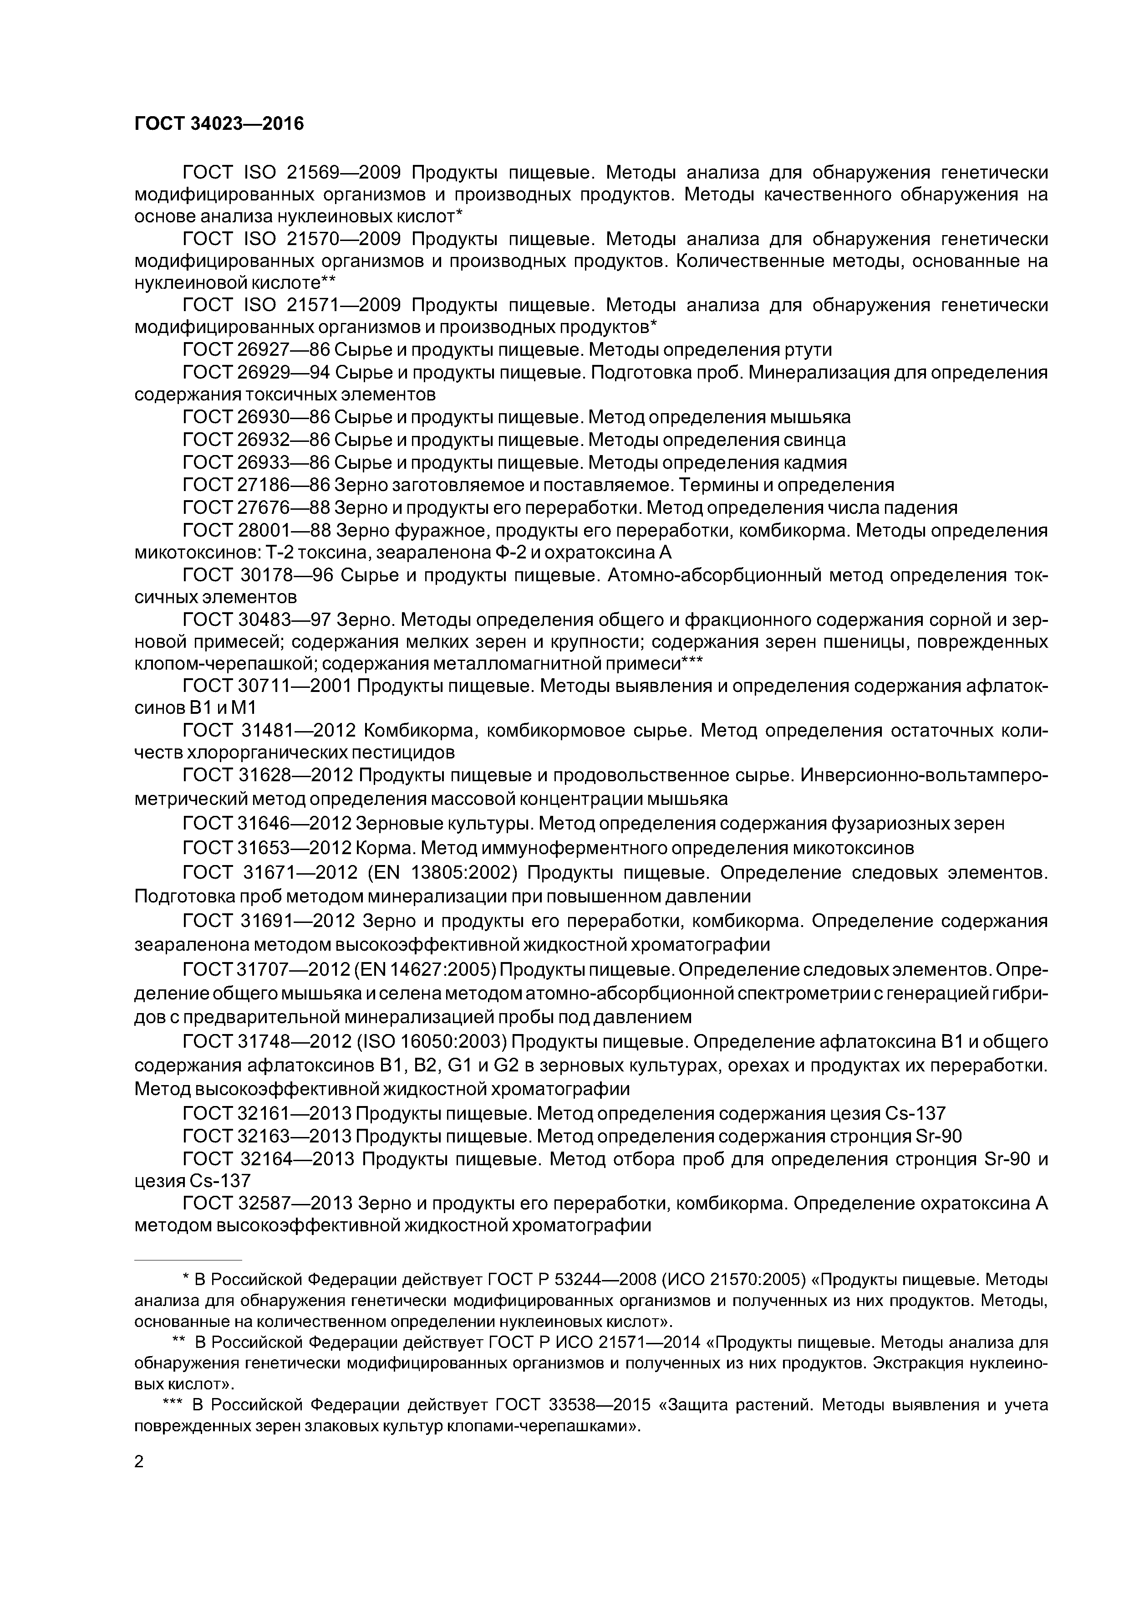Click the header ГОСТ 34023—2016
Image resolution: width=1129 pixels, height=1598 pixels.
click(219, 124)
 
